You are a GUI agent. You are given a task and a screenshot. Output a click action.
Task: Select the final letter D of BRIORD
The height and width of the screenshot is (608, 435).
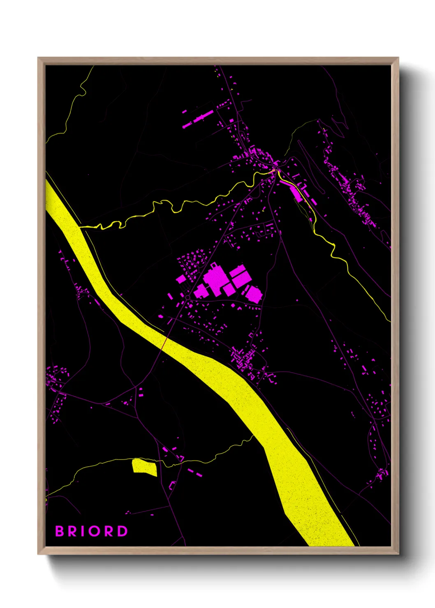(x=123, y=531)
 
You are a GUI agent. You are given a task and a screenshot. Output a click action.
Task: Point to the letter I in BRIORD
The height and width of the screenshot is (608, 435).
(x=83, y=531)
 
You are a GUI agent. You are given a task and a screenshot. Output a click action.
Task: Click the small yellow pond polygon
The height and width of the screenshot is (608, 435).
(x=144, y=467)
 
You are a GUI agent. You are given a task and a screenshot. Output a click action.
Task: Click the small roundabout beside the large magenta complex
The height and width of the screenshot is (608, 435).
(x=187, y=297)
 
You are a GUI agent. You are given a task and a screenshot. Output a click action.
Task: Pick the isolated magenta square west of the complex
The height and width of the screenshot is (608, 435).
(x=180, y=279)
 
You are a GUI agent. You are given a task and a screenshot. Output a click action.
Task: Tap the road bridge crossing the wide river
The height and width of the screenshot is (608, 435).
(x=165, y=342)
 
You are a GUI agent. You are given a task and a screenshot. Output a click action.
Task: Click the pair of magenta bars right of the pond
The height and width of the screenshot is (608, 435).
(x=195, y=472)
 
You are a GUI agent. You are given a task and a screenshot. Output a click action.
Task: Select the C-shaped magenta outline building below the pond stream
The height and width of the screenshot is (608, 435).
(x=172, y=486)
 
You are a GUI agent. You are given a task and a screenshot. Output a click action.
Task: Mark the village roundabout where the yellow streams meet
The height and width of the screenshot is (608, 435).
(x=276, y=170)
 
